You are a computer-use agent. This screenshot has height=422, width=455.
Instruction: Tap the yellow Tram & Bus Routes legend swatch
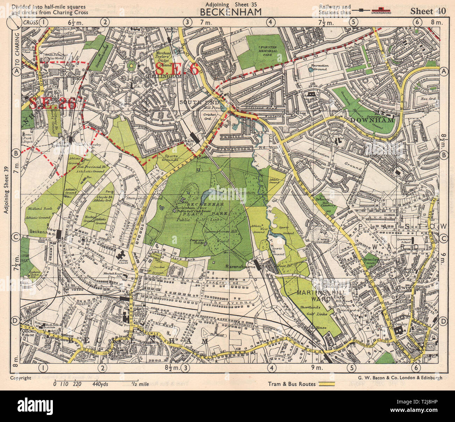pyautogui.click(x=328, y=384)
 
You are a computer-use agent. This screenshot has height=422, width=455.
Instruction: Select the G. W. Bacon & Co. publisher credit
pyautogui.click(x=400, y=378)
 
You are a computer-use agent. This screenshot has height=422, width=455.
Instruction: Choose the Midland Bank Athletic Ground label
pyautogui.click(x=38, y=213)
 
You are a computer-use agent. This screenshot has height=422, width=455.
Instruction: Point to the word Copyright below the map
pyautogui.click(x=21, y=378)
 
